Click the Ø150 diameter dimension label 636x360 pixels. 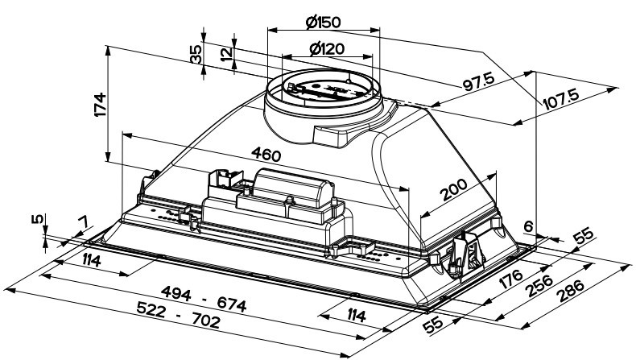(324, 22)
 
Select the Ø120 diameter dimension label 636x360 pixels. (327, 49)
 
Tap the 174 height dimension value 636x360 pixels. (100, 105)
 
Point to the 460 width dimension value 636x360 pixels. (266, 154)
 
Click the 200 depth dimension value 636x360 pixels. (454, 190)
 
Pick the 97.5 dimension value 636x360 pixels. (479, 81)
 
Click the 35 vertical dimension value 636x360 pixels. (196, 54)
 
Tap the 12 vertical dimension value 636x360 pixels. (227, 54)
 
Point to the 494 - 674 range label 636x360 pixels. (204, 298)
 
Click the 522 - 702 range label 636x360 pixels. (179, 315)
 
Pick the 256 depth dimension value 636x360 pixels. (539, 286)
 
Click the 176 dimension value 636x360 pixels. (510, 279)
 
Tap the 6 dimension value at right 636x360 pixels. (527, 226)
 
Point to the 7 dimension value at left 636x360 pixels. (83, 222)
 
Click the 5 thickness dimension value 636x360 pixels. (37, 220)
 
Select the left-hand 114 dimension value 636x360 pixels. (91, 260)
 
